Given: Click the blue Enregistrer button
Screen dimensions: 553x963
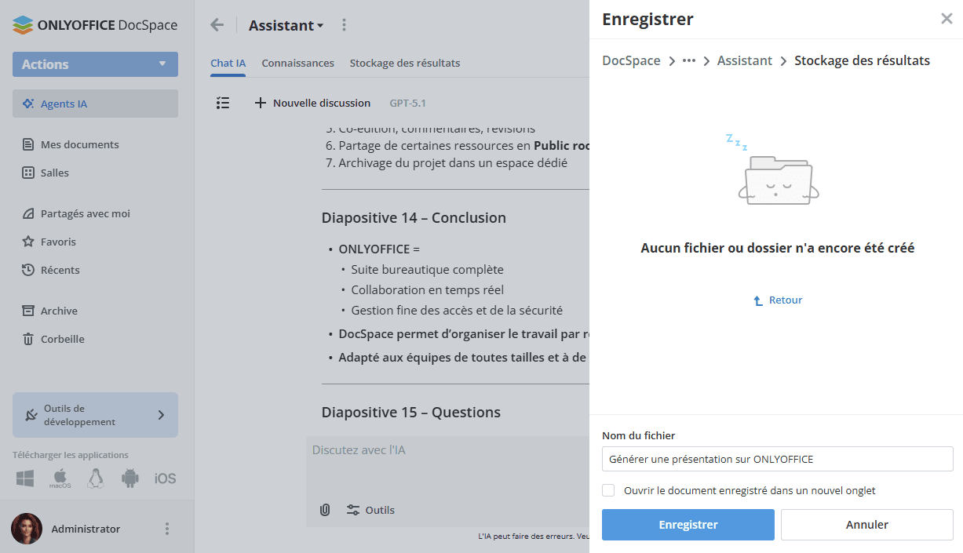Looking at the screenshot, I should click(x=688, y=525).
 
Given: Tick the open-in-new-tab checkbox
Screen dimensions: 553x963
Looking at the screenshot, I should click(x=608, y=490).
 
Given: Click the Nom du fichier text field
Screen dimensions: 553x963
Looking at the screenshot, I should click(x=777, y=459).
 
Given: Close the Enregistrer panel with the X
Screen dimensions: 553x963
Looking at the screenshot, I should click(x=947, y=19).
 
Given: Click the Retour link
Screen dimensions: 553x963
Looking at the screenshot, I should click(x=778, y=300).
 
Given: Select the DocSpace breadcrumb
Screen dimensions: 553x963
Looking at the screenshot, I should click(x=631, y=60).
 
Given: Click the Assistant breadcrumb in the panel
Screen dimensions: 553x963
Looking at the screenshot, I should click(x=744, y=60).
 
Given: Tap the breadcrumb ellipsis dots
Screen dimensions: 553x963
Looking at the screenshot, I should click(x=689, y=60).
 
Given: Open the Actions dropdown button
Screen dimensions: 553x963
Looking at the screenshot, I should click(x=95, y=64).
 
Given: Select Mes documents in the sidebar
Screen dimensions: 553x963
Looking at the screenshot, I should click(x=79, y=144).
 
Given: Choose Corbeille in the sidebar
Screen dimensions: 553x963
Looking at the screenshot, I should click(x=62, y=339).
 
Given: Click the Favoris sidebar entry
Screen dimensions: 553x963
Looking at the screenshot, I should click(x=58, y=242).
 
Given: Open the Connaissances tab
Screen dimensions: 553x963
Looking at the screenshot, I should click(x=297, y=63).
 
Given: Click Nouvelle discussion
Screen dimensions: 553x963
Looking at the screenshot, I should click(x=312, y=103).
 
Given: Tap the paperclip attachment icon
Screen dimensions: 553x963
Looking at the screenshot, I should click(x=325, y=510).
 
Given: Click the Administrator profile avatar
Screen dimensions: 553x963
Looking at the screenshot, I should click(x=27, y=529).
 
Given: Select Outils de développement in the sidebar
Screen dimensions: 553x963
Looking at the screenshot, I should click(x=95, y=415).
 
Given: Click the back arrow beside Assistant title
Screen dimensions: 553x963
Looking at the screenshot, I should click(x=217, y=25).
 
